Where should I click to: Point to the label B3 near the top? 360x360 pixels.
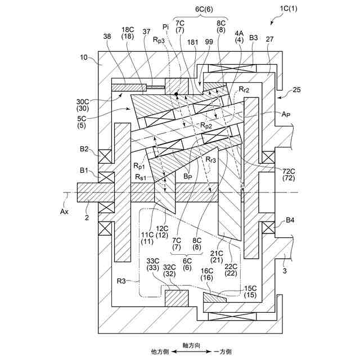pos(254,38)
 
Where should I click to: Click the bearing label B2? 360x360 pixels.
pos(84,149)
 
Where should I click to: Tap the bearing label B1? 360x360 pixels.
pos(84,169)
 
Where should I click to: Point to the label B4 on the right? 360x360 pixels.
pos(290,220)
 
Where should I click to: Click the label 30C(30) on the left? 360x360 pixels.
pos(83,105)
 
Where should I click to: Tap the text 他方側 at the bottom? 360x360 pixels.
pos(160,351)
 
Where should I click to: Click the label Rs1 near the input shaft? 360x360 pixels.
pos(142,177)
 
